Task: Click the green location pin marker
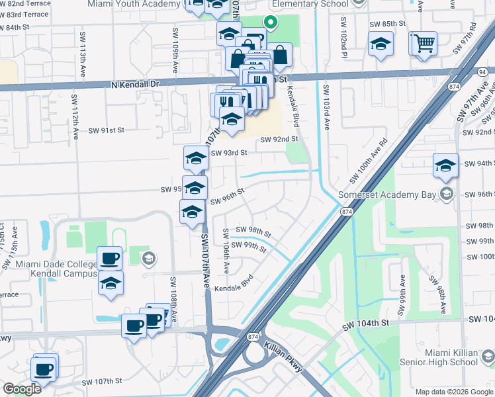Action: pyautogui.click(x=270, y=22)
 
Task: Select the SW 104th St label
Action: pyautogui.click(x=364, y=326)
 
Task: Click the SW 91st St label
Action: pyautogui.click(x=103, y=130)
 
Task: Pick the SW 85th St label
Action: pyautogui.click(x=387, y=24)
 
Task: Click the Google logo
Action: pyautogui.click(x=21, y=389)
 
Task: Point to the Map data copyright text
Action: pyautogui.click(x=453, y=392)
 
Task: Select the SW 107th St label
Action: pyautogui.click(x=102, y=382)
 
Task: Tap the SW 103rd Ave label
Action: pyautogui.click(x=327, y=106)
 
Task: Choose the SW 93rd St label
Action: pyautogui.click(x=228, y=153)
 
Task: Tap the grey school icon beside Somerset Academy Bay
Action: pyautogui.click(x=447, y=194)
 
